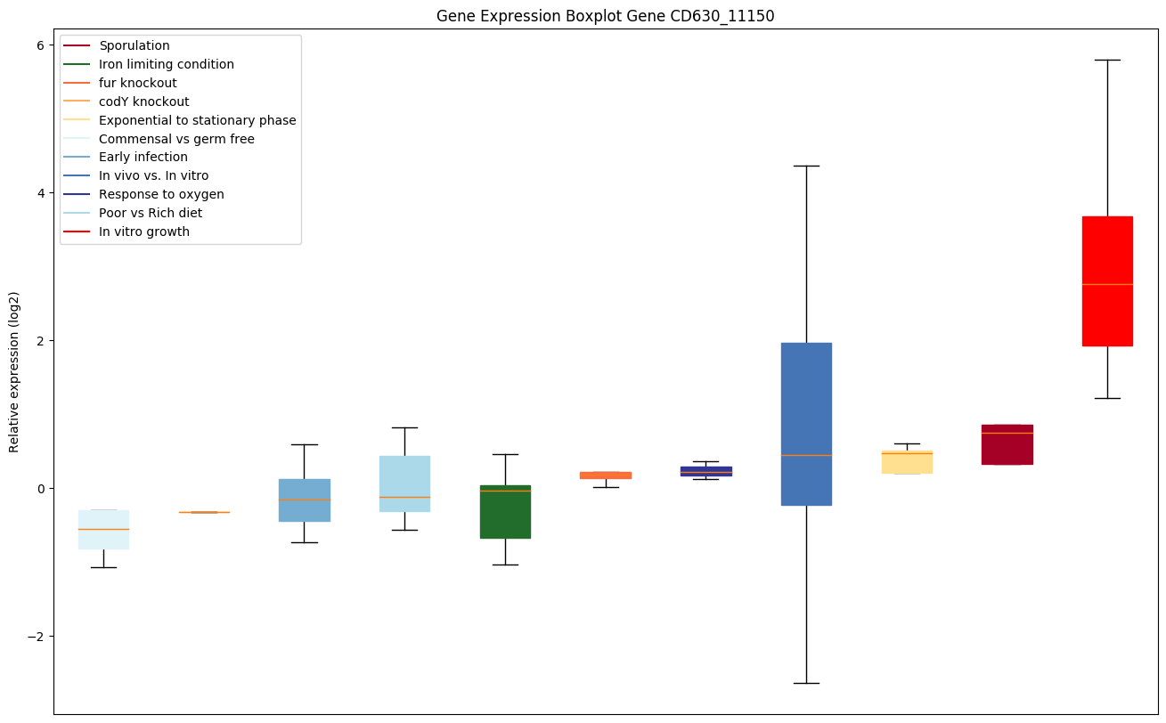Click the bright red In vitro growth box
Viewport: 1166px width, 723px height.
tap(1106, 280)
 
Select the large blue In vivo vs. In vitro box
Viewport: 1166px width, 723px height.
tap(806, 424)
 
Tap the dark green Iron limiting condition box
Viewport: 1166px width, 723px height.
tap(505, 512)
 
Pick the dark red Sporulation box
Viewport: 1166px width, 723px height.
tap(1007, 444)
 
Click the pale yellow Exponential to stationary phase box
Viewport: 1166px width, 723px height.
tap(907, 462)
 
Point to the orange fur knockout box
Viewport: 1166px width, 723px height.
tap(606, 475)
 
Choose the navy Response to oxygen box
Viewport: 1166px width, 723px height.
tap(705, 471)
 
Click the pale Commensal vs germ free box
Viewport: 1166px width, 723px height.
tap(103, 529)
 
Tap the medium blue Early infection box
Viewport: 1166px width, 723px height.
tap(304, 500)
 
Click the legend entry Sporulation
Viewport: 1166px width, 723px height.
tap(135, 45)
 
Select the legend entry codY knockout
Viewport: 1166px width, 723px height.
tap(144, 102)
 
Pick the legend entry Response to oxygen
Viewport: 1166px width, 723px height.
tap(161, 194)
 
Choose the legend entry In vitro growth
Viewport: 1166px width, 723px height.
tap(144, 232)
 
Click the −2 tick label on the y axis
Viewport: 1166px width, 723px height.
tap(36, 637)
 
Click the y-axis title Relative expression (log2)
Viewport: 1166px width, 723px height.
tap(14, 371)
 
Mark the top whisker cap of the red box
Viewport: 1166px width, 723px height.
tap(1106, 60)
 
